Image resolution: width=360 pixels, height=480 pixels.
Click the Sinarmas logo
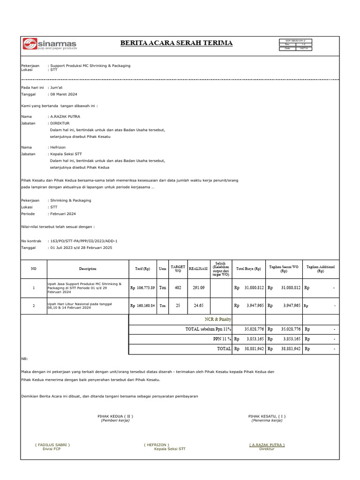tap(50, 44)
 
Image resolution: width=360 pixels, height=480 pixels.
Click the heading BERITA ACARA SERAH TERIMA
tap(176, 43)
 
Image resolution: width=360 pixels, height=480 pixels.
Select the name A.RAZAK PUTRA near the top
tap(65, 116)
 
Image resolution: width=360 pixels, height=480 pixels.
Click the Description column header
tap(88, 269)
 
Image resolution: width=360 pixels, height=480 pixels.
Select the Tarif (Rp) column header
tap(142, 269)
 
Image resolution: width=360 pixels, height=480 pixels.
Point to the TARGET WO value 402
tap(178, 287)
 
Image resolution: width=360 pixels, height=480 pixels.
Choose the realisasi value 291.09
tap(199, 287)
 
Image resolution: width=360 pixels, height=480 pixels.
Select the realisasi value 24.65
tap(199, 306)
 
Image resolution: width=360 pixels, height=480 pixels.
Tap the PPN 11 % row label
tap(219, 338)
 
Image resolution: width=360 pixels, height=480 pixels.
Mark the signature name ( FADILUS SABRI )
tap(52, 444)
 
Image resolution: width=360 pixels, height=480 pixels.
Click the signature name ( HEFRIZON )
tap(157, 444)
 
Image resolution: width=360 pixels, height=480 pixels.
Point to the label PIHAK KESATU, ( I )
tap(267, 416)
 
